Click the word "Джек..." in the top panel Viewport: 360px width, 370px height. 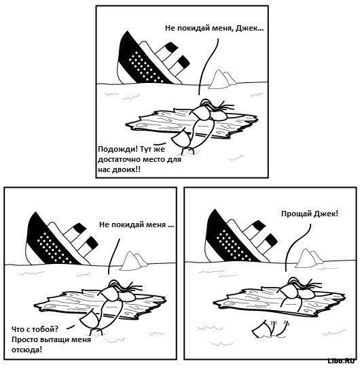point(250,29)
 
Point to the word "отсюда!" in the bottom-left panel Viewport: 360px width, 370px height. point(26,350)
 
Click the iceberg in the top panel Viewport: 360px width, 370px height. point(221,80)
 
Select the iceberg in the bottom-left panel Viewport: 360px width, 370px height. point(133,260)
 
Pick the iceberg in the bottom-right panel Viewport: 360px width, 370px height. point(309,258)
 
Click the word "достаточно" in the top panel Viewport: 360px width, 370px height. point(118,160)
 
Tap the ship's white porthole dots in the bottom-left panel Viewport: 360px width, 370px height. point(54,248)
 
